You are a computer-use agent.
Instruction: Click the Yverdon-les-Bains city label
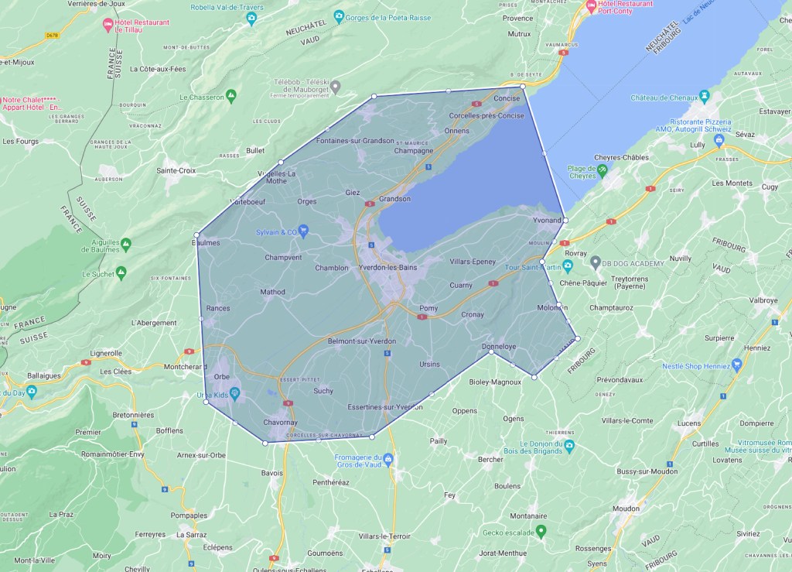387,268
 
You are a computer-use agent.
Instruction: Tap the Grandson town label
394,199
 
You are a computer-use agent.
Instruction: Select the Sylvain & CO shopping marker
304,230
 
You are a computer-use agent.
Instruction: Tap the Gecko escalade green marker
541,531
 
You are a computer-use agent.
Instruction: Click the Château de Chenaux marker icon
704,97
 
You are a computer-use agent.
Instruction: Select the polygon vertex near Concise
523,86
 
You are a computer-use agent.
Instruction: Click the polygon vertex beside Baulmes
197,235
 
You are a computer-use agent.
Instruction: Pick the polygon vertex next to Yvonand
565,221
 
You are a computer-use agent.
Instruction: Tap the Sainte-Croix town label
176,170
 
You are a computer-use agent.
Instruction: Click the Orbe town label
222,377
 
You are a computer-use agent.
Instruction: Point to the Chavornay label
280,423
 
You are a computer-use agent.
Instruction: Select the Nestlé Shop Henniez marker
737,365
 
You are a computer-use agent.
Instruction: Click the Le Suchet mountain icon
120,273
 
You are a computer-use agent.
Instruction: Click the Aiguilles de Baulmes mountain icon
125,245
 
